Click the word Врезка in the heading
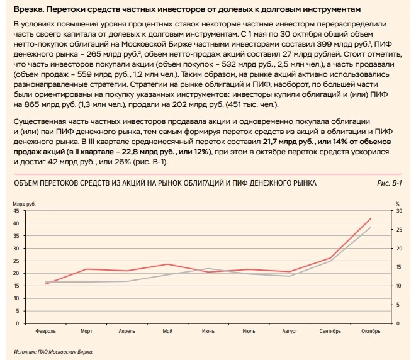point(28,10)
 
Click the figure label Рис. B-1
point(390,183)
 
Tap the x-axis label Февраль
point(46,331)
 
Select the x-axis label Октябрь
point(371,331)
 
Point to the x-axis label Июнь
point(208,331)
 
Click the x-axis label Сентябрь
point(330,331)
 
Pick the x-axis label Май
point(167,331)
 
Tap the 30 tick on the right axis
point(398,211)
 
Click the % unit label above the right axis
point(398,203)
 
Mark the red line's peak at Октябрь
point(371,218)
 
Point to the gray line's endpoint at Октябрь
point(371,227)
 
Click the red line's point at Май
point(167,264)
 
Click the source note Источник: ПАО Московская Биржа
point(53,351)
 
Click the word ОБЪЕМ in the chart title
point(28,183)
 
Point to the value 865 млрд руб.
point(41,104)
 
